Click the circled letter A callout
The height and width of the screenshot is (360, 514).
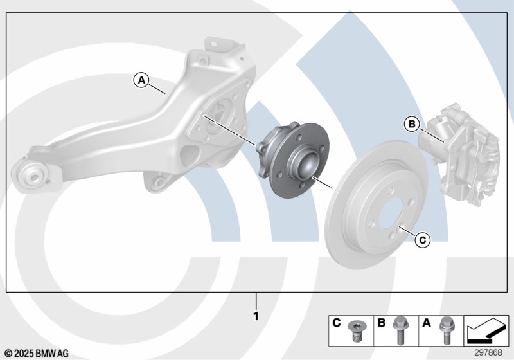[141, 80]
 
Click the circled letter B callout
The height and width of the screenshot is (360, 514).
[412, 124]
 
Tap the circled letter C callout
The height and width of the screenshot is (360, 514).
[423, 240]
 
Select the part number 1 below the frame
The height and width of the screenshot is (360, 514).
[256, 316]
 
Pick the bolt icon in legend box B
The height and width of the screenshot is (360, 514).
[400, 330]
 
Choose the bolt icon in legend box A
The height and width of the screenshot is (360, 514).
[445, 330]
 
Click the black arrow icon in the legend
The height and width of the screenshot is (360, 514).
[486, 330]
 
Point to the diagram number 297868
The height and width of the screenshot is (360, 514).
[488, 352]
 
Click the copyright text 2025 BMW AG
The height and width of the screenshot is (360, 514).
[37, 354]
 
